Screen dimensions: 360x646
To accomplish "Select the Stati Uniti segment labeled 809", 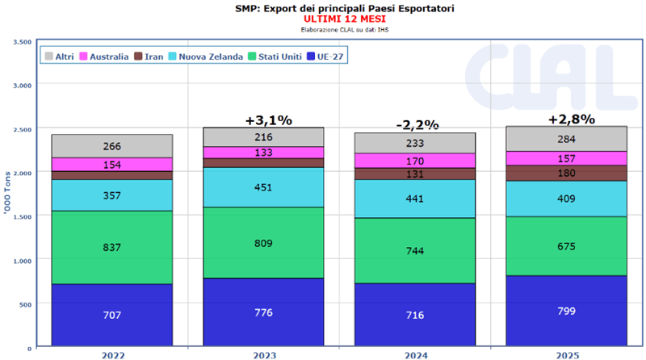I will (x=263, y=242).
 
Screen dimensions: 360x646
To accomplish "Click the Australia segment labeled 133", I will (x=263, y=153).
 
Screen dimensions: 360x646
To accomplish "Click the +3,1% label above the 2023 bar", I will (x=268, y=119).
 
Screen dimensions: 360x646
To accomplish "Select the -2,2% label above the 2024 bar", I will (x=417, y=124).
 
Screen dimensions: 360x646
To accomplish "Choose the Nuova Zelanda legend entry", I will (x=206, y=57).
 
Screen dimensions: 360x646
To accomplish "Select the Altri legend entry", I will (x=60, y=57).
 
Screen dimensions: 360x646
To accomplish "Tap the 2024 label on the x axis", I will (x=417, y=354).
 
